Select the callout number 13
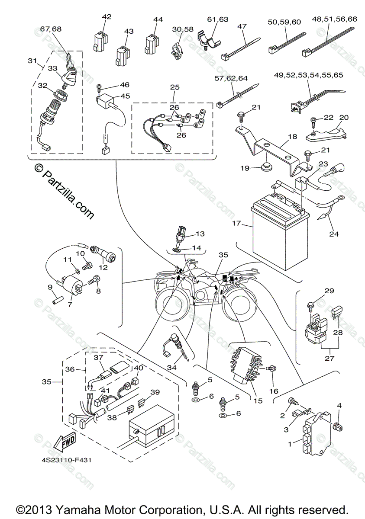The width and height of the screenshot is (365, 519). tap(200, 234)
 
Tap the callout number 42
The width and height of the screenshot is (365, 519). tap(107, 17)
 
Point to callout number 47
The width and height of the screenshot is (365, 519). tap(242, 26)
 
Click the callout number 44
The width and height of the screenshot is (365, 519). tap(158, 20)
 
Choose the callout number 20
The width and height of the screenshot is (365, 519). tap(344, 117)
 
